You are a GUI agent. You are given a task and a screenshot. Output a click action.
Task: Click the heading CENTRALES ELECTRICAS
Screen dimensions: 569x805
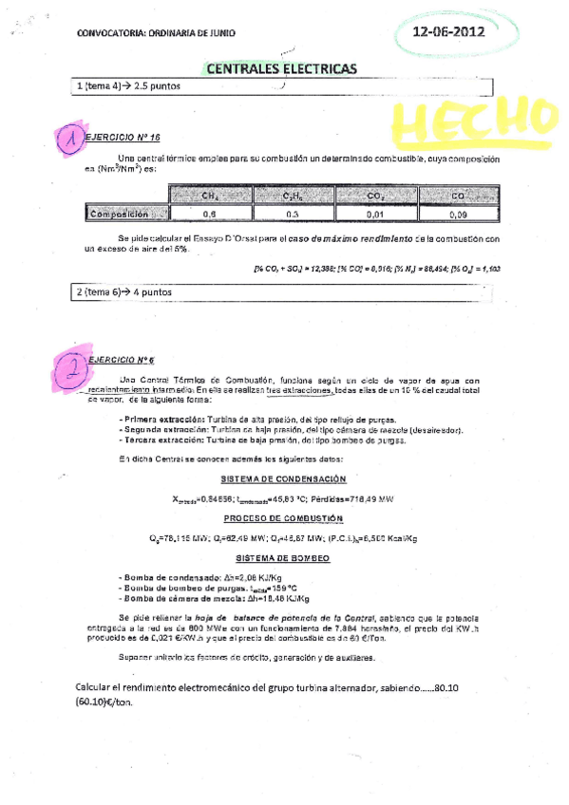(281, 69)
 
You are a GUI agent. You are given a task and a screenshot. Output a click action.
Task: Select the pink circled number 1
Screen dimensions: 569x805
(68, 140)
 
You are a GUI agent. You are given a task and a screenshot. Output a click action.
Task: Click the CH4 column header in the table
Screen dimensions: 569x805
(211, 196)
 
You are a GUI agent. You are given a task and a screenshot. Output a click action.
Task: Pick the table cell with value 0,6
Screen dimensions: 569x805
(211, 215)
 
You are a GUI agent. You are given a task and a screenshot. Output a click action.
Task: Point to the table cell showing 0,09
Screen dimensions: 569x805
(458, 215)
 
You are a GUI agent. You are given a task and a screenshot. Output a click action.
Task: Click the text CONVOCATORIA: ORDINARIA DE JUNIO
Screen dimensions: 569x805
(155, 33)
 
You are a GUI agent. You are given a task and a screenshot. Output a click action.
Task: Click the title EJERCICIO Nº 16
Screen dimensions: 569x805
(123, 138)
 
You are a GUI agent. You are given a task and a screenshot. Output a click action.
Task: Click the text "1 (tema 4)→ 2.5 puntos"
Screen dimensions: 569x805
(128, 87)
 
